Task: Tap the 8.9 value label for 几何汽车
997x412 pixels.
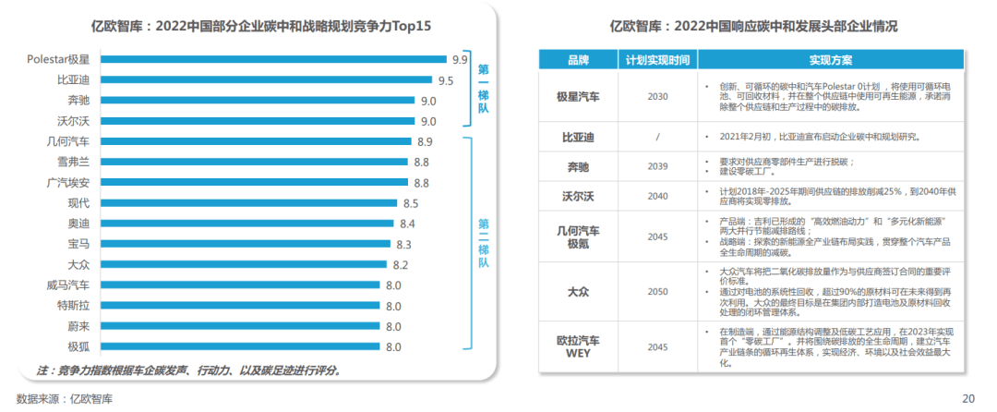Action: point(425,141)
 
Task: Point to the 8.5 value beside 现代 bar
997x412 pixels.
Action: point(411,202)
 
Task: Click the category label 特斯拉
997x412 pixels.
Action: point(73,306)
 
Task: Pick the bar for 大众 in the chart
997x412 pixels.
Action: point(244,265)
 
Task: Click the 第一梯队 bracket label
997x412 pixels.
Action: point(483,90)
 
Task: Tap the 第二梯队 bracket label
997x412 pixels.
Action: point(483,243)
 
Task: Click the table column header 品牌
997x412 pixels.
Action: point(578,60)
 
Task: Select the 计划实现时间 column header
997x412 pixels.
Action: point(656,60)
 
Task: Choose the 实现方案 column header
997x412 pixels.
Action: point(831,60)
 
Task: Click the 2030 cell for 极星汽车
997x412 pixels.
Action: point(656,96)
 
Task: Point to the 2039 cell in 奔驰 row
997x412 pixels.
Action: point(656,166)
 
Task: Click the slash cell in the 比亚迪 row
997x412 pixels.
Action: point(656,136)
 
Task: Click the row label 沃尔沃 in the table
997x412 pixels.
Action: point(578,196)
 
